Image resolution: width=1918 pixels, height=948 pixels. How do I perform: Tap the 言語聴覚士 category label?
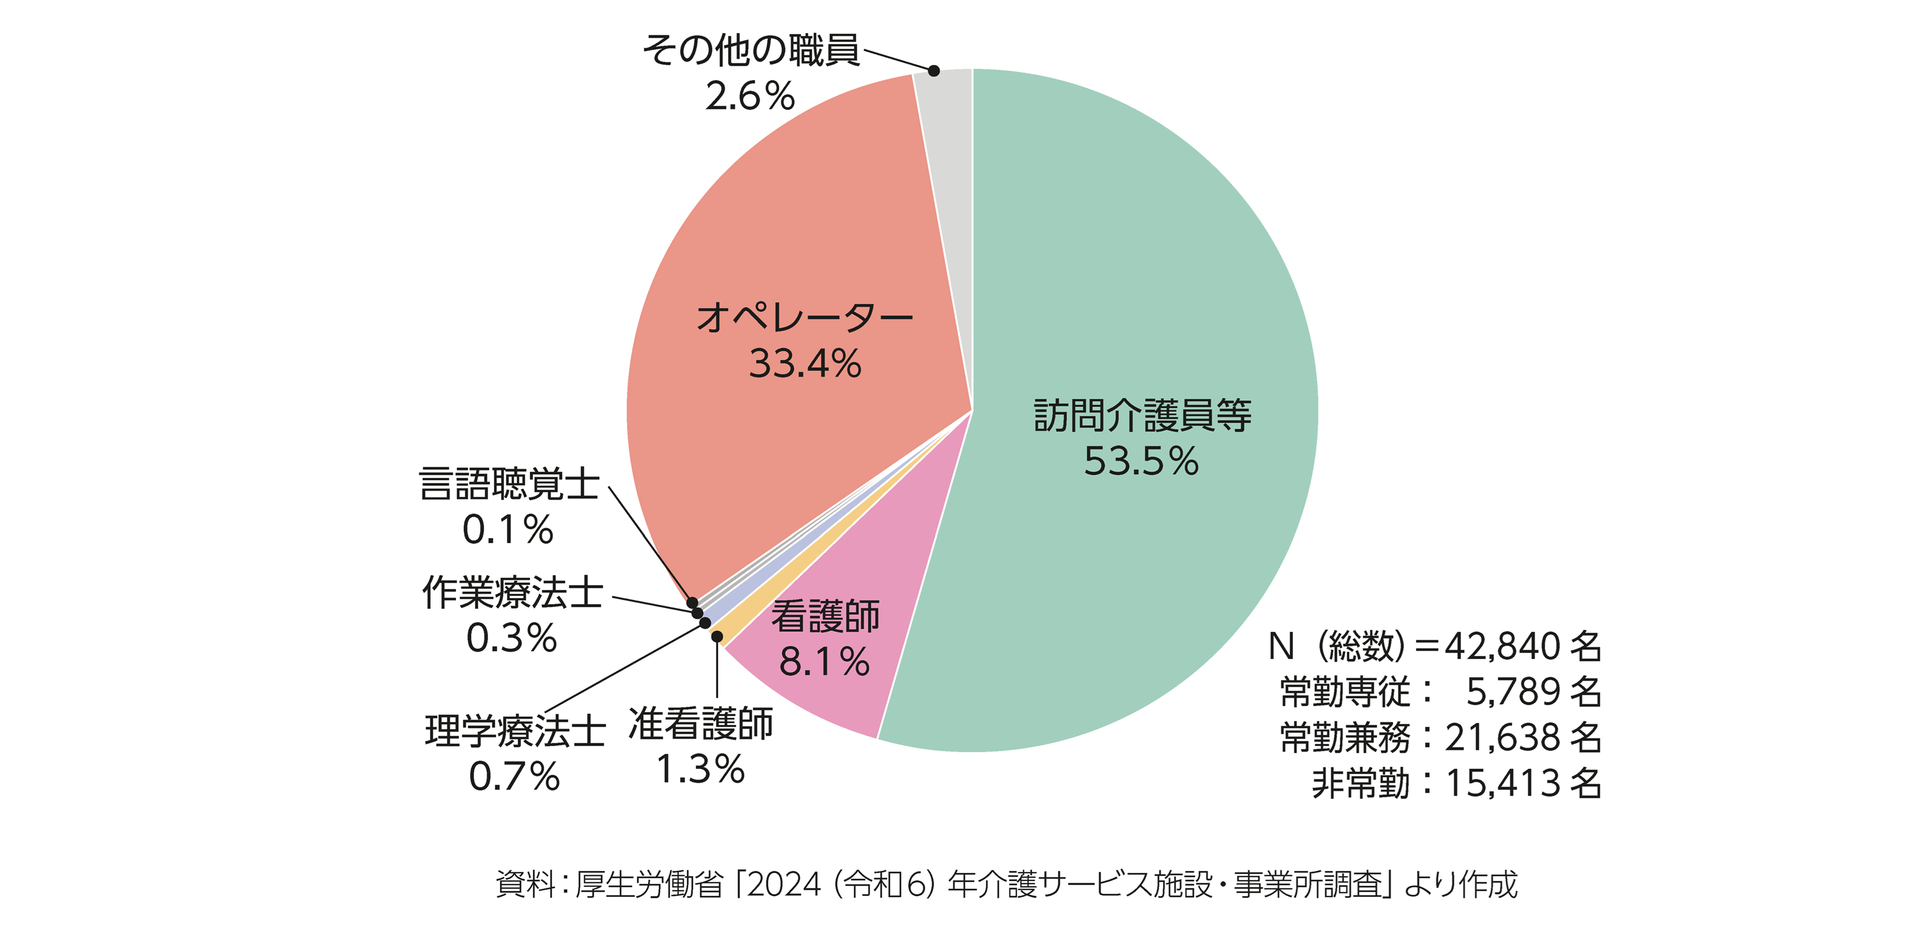click(x=508, y=484)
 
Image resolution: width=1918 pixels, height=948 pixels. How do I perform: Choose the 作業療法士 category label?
click(x=512, y=593)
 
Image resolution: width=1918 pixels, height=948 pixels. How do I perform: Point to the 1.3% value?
click(x=700, y=769)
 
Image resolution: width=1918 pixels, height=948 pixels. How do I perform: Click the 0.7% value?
click(x=514, y=777)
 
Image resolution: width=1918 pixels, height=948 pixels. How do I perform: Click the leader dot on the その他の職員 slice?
click(x=934, y=71)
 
